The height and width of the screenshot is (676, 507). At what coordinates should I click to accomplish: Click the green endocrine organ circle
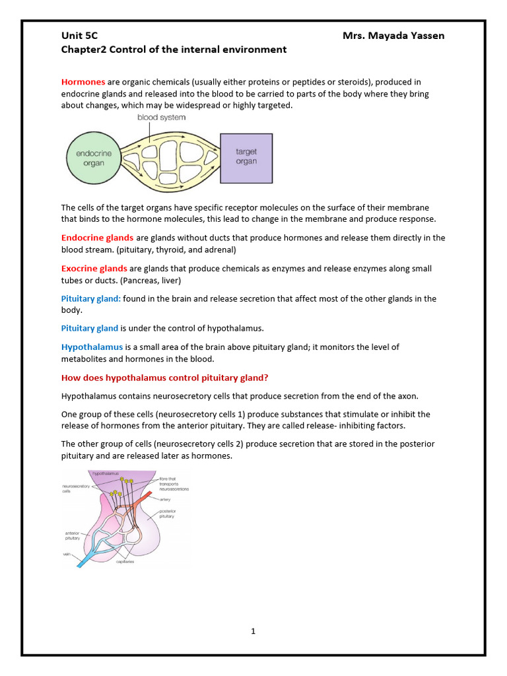pos(94,158)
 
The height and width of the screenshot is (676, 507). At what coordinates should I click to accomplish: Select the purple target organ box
pos(246,158)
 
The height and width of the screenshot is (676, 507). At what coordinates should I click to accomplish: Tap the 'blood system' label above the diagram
pos(161,118)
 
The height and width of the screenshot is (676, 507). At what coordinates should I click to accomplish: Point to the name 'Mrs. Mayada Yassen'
pos(393,36)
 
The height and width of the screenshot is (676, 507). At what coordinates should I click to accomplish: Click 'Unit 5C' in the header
pos(79,36)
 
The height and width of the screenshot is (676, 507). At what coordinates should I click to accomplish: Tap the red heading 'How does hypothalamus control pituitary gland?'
pos(164,378)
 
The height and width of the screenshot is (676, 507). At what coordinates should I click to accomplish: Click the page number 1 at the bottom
pos(253,631)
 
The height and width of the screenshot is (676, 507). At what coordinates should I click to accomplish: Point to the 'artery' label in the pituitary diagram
pos(165,500)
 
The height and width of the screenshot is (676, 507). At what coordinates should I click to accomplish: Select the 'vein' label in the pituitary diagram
pos(67,555)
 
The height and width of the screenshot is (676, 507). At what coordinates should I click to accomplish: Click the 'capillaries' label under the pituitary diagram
pos(125,562)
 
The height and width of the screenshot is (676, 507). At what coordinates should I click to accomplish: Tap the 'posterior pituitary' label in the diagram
pos(168,514)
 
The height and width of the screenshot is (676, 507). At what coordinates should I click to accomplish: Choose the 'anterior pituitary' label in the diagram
pos(72,535)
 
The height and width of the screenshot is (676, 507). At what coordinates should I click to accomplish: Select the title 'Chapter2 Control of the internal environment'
pos(174,50)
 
